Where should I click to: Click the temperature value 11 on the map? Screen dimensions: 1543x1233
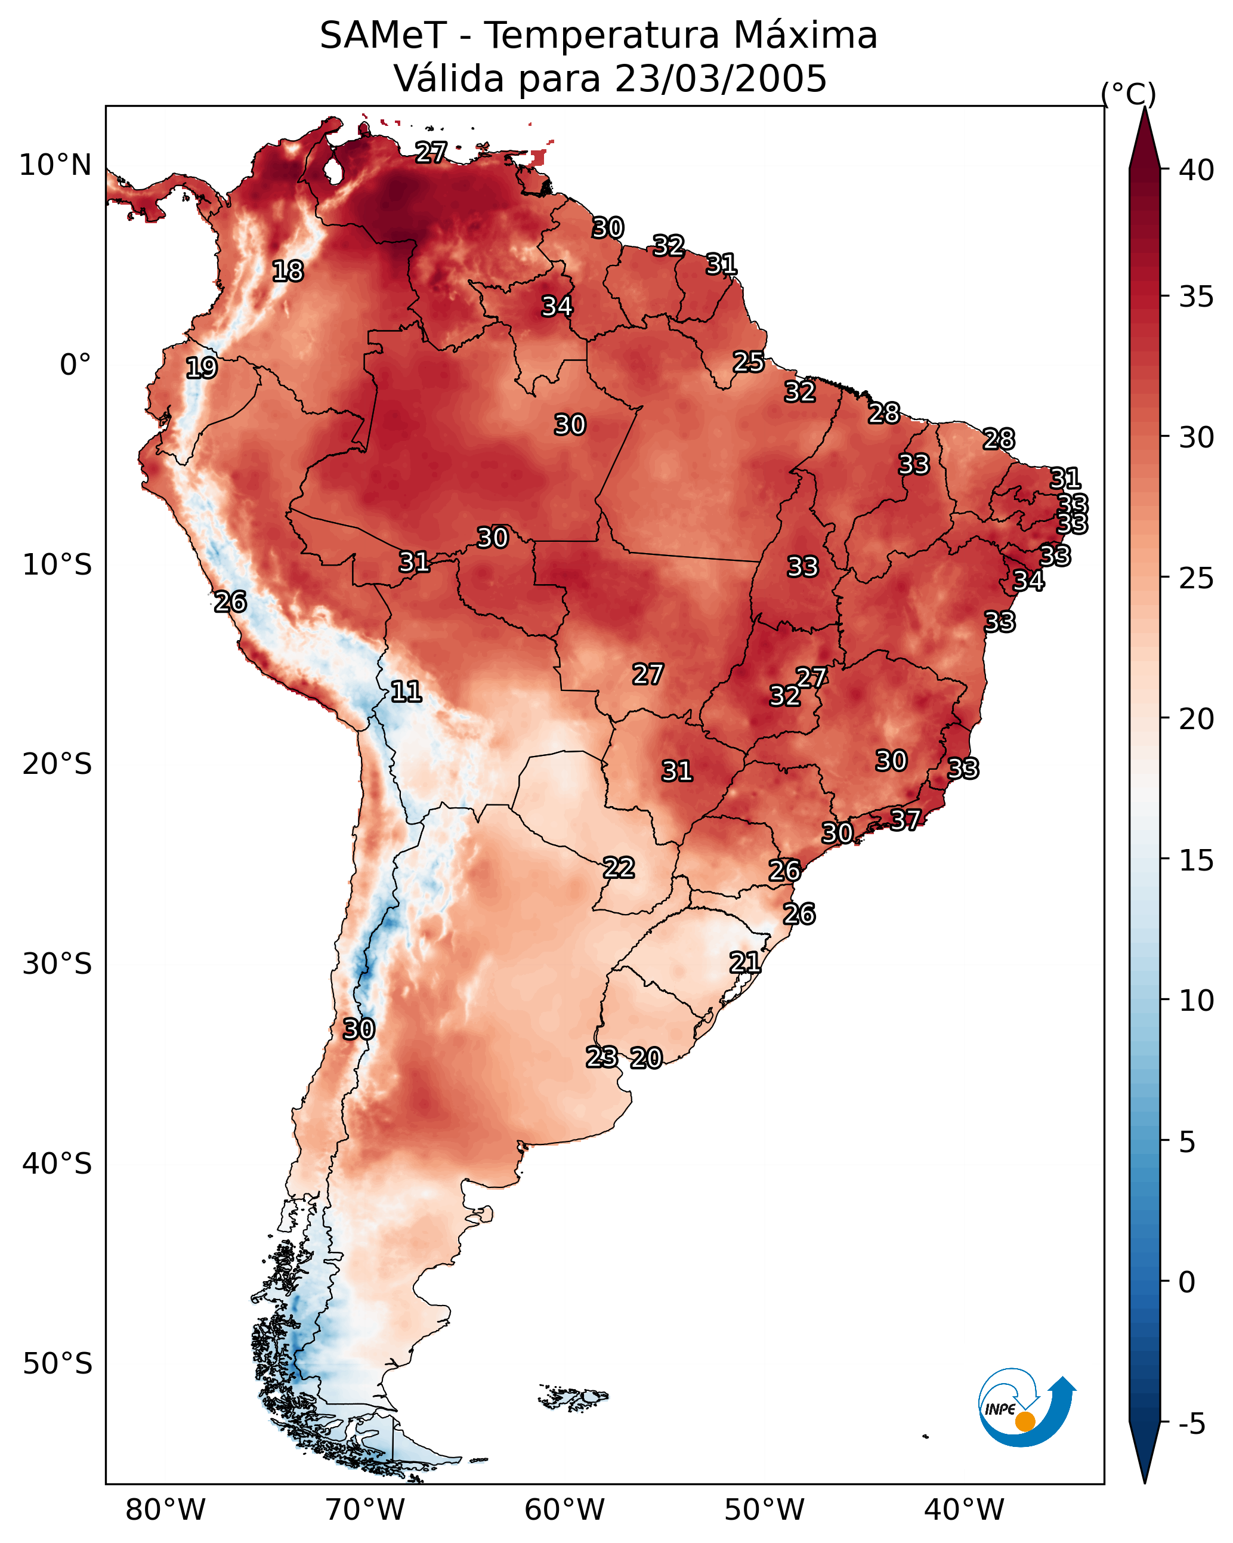pyautogui.click(x=406, y=692)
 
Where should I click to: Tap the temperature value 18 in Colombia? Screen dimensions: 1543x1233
pyautogui.click(x=288, y=271)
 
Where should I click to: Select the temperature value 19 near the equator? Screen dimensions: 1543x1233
pyautogui.click(x=201, y=368)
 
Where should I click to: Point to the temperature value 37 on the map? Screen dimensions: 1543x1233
pyautogui.click(x=906, y=819)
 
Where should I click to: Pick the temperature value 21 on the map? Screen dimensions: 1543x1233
pyautogui.click(x=744, y=962)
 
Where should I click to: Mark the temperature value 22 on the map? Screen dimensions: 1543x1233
pyautogui.click(x=618, y=868)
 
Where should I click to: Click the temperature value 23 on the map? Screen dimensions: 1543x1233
pyautogui.click(x=602, y=1057)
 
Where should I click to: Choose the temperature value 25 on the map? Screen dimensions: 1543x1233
pyautogui.click(x=749, y=362)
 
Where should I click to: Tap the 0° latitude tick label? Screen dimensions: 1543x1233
pyautogui.click(x=75, y=365)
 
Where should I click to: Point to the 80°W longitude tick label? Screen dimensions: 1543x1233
pyautogui.click(x=165, y=1510)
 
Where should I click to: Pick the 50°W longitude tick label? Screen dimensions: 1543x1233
pyautogui.click(x=764, y=1510)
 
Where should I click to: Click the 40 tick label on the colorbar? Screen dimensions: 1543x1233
pyautogui.click(x=1197, y=170)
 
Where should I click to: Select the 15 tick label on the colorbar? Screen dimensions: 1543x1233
pyautogui.click(x=1197, y=860)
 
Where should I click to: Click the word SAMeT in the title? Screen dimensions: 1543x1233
pyautogui.click(x=383, y=36)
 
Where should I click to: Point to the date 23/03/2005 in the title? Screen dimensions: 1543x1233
pyautogui.click(x=720, y=79)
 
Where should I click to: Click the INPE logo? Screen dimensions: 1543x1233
pyautogui.click(x=1025, y=1410)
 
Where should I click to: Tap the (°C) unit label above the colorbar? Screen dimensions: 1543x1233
pyautogui.click(x=1128, y=94)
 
